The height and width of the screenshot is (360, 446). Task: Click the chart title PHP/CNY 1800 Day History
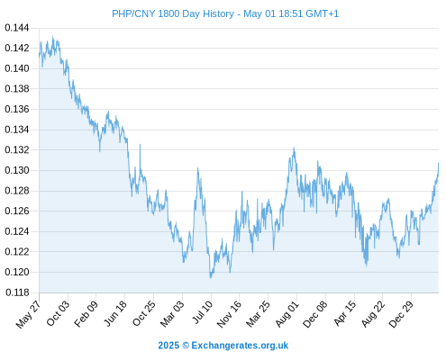click(173, 13)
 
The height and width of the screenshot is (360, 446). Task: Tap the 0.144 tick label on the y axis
click(17, 28)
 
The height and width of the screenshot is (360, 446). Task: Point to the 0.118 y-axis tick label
click(17, 292)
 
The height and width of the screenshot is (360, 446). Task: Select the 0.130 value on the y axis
click(17, 170)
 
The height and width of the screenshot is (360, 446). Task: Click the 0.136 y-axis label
click(17, 109)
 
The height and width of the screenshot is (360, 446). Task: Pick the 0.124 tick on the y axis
click(17, 231)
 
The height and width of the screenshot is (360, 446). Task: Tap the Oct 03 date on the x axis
click(58, 313)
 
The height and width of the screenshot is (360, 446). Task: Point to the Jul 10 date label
click(203, 312)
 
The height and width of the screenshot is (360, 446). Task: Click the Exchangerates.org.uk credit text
click(240, 346)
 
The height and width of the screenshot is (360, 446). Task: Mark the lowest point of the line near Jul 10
click(211, 277)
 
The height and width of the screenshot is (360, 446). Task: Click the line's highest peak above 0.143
click(53, 36)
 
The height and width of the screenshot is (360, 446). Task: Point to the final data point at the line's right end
click(439, 163)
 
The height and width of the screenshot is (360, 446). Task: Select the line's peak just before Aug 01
click(294, 148)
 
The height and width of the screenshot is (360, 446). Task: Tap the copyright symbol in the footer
click(186, 346)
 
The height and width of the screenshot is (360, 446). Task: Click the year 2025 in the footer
click(168, 346)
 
